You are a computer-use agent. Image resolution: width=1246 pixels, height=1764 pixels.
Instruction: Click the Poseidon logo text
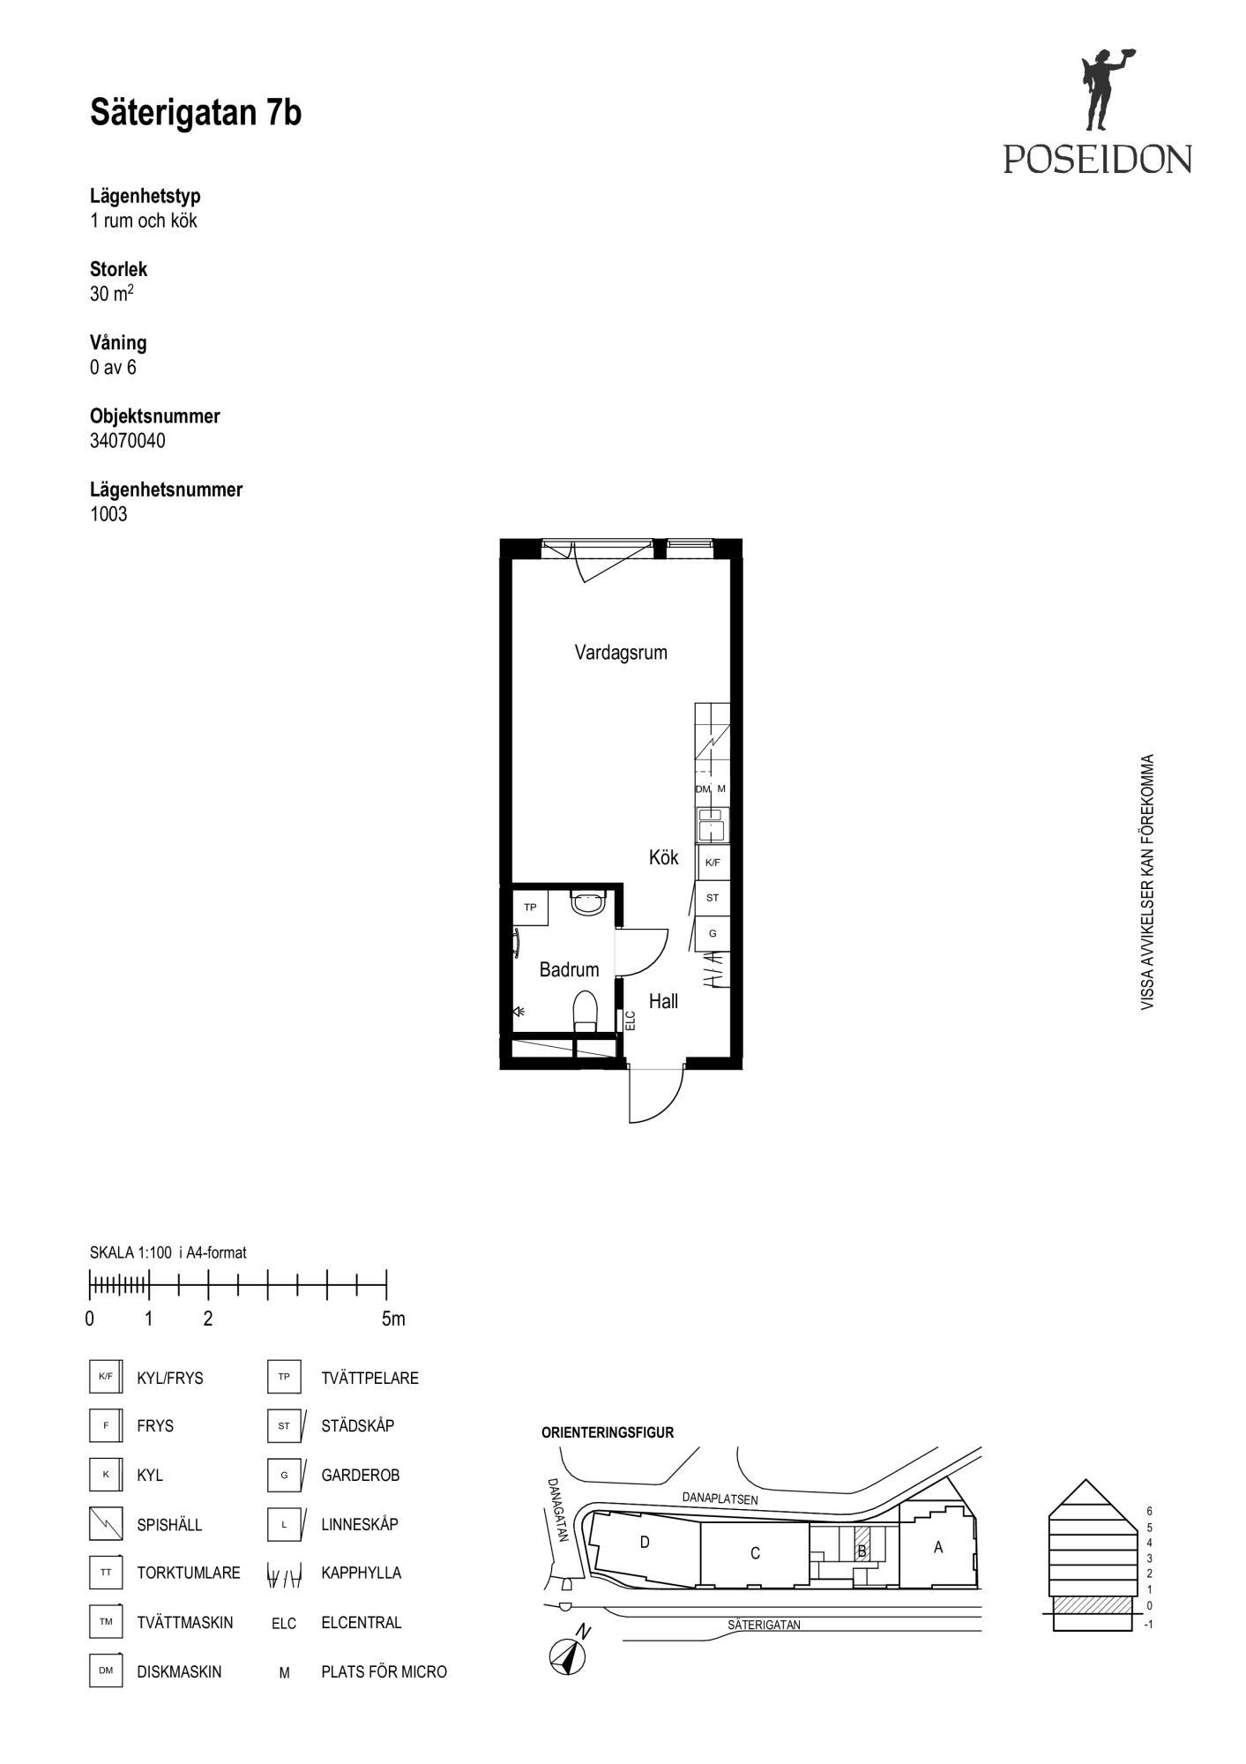tap(1097, 159)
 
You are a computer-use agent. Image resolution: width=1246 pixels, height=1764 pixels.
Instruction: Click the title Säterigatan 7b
tap(196, 114)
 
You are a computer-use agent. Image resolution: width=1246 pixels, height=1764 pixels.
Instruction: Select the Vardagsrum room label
tap(621, 653)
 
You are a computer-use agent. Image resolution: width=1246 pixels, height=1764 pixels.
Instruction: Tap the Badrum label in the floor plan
tap(569, 969)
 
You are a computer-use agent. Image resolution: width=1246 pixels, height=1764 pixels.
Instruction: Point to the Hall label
tap(664, 1001)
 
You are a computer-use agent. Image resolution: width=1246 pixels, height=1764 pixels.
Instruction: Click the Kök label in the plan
tap(664, 857)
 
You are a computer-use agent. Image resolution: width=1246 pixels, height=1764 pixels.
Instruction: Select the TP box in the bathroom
tap(531, 907)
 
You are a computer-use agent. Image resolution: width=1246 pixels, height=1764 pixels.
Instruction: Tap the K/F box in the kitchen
tap(713, 863)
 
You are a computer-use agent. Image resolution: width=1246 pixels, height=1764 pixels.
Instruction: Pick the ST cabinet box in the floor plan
tap(713, 898)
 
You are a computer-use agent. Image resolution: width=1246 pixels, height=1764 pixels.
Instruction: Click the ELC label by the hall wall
tap(630, 1020)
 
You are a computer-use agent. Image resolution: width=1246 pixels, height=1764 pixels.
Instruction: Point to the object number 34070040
tap(128, 441)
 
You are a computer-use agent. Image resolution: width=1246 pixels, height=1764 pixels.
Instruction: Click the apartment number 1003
tap(108, 514)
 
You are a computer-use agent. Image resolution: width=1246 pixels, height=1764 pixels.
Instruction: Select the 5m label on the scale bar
tap(393, 1319)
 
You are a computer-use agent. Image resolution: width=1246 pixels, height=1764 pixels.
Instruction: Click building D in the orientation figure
tap(645, 1543)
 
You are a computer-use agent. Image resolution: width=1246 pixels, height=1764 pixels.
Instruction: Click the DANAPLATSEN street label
tap(720, 1499)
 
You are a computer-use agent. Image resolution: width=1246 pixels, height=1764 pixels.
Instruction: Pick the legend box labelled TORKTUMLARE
tap(106, 1573)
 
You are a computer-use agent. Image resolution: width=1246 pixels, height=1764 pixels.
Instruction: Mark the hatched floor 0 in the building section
tap(1093, 1604)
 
